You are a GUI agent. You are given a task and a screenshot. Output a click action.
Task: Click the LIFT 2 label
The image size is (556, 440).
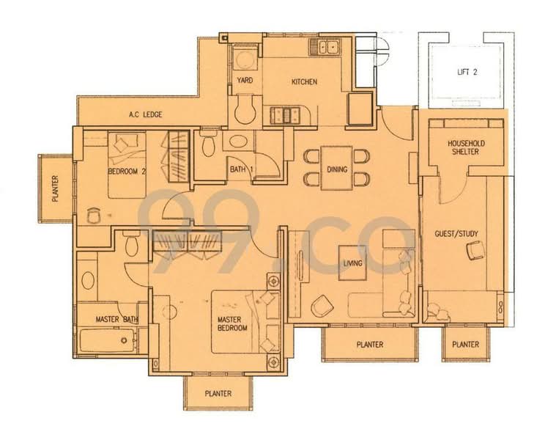pos(464,71)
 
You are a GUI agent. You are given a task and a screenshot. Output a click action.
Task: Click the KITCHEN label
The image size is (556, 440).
pos(304,81)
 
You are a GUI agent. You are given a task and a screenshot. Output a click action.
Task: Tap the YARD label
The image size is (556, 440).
pos(245,81)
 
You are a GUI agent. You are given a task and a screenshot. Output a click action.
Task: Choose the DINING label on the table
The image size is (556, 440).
pos(337,169)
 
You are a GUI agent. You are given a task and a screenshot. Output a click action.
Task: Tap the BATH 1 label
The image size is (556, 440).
pos(241,170)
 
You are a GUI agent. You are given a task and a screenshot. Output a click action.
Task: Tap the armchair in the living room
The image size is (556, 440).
pos(320,304)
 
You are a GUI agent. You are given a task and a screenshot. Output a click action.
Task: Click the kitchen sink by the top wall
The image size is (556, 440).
pos(325,48)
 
